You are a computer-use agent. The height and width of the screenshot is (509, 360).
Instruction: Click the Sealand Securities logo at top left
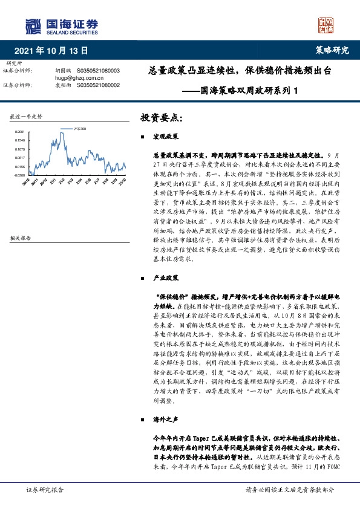point(61,25)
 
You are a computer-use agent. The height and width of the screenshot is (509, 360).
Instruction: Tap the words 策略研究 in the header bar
point(332,50)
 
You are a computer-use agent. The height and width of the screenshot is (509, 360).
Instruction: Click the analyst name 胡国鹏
point(63,71)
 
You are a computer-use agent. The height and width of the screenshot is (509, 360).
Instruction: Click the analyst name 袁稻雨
point(63,85)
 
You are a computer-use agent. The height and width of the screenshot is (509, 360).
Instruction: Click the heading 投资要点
point(161,117)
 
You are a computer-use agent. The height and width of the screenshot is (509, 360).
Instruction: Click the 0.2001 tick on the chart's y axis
point(19,131)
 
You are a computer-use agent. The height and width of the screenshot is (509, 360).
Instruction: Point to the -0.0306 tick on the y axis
point(19,175)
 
